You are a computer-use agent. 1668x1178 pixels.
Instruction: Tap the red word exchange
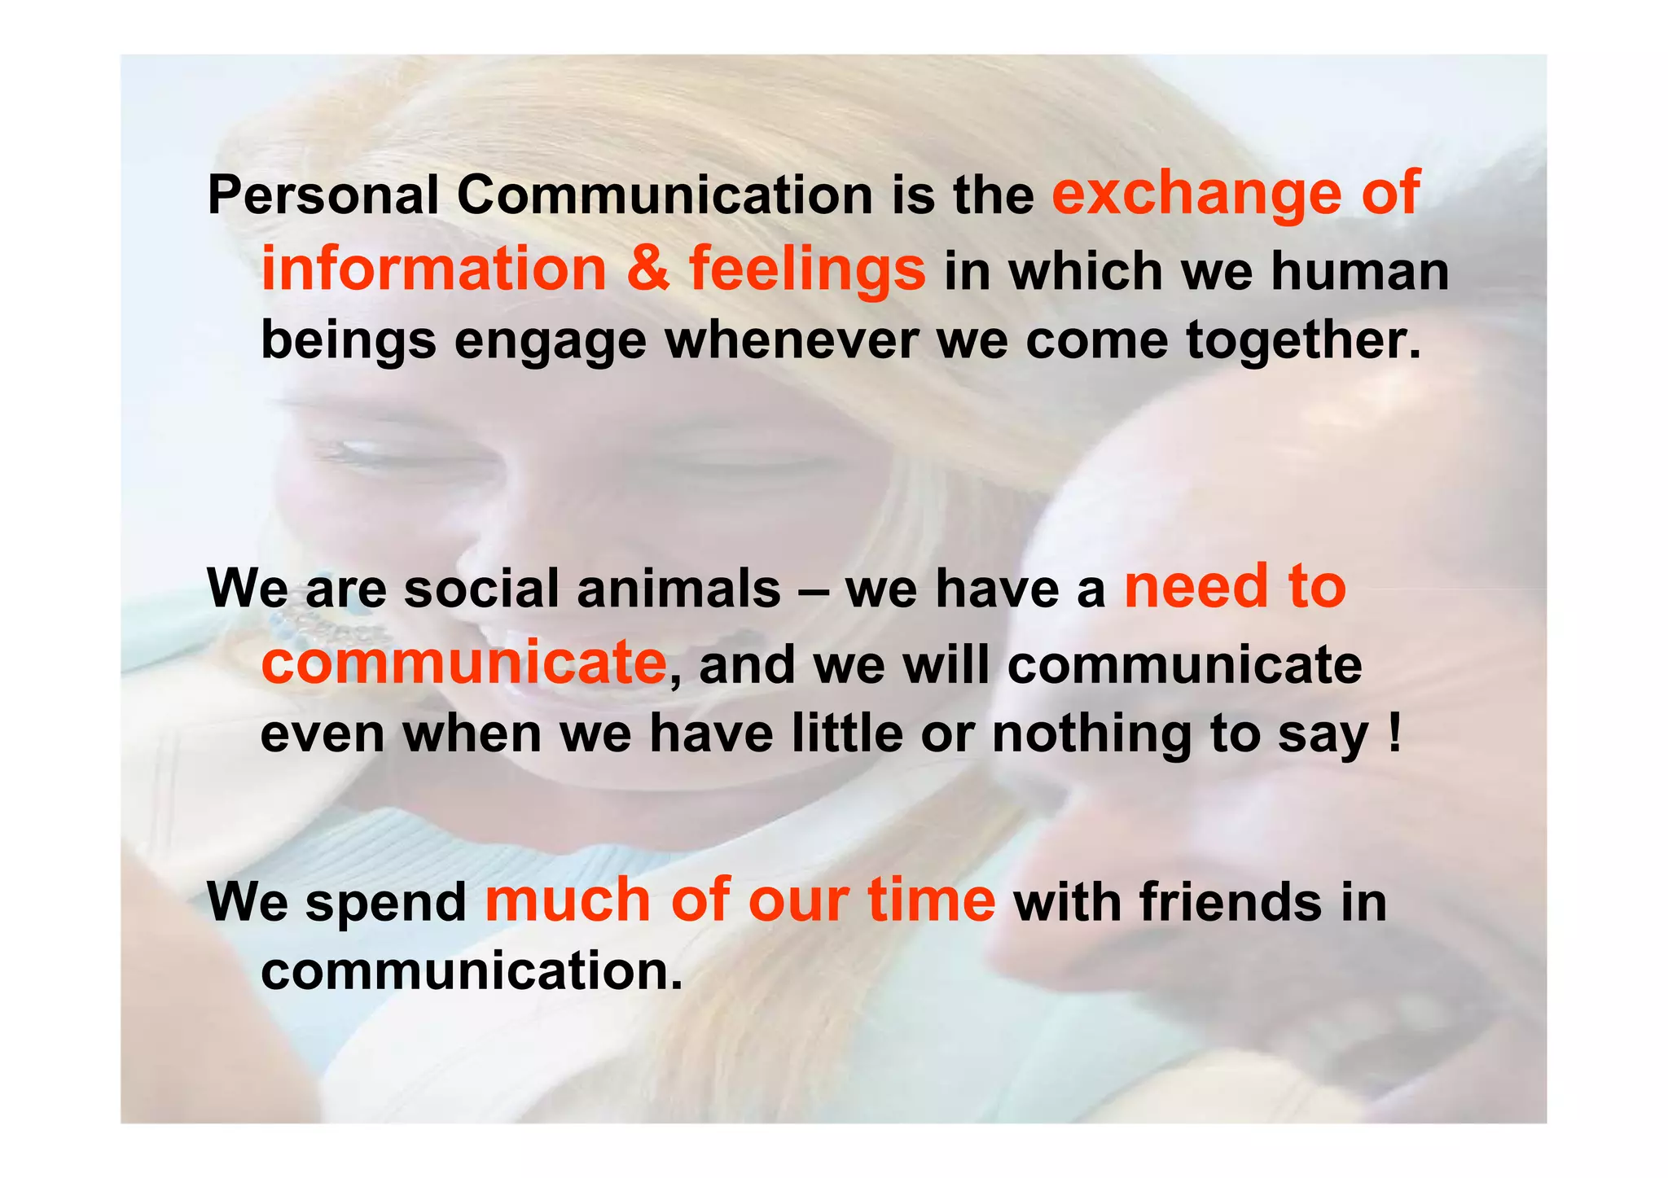pos(1196,193)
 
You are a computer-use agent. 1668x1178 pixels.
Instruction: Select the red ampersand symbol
pos(648,269)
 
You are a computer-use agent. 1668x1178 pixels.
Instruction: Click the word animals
pos(678,589)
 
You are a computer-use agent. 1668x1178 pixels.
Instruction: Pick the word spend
pos(385,904)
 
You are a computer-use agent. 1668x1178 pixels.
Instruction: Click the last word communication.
pos(471,971)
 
